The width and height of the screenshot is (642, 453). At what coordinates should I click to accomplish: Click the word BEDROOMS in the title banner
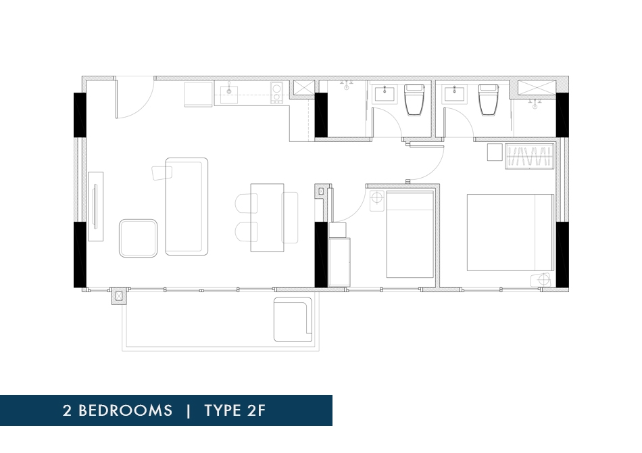[125, 410]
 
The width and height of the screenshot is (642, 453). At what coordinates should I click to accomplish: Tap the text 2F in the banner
[256, 410]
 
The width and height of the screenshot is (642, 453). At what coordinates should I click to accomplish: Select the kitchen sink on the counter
[229, 94]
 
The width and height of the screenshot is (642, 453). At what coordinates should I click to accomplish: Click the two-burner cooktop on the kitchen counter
[276, 93]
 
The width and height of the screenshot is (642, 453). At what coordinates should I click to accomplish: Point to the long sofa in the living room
[187, 206]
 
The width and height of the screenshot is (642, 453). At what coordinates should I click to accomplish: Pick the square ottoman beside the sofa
[138, 238]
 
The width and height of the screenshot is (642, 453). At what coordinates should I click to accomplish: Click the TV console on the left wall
[95, 206]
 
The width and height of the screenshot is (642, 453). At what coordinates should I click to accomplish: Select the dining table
[267, 218]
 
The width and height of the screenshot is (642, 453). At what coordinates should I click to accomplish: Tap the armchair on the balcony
[293, 320]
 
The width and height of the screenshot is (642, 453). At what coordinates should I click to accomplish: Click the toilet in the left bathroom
[415, 99]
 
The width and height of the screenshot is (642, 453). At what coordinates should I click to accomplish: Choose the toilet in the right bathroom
[489, 99]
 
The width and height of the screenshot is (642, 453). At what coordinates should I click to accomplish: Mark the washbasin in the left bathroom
[385, 93]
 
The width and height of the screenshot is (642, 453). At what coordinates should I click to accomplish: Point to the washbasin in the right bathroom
[455, 93]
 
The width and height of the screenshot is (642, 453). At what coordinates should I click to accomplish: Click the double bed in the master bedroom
[510, 232]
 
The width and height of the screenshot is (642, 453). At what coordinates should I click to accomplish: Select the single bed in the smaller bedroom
[410, 235]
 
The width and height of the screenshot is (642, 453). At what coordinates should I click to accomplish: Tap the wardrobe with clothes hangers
[529, 156]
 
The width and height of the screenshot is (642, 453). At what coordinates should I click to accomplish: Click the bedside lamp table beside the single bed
[377, 201]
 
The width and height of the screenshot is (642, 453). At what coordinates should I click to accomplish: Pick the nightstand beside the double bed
[541, 280]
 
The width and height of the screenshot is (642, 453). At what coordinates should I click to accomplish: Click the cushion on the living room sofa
[162, 172]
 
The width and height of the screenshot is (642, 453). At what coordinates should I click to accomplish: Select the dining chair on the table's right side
[290, 218]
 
